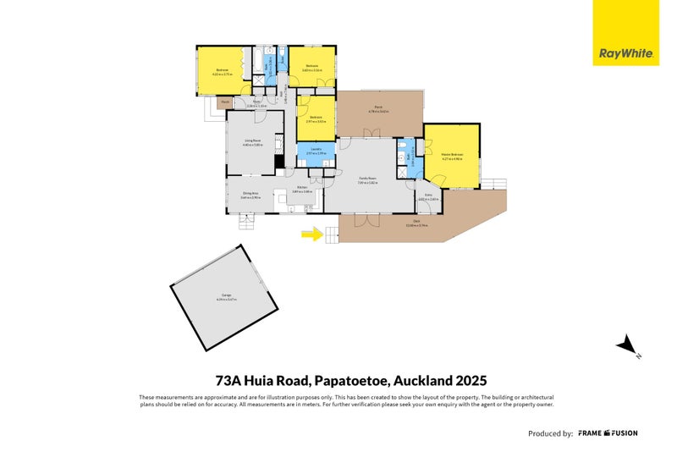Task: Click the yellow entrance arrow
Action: pyautogui.click(x=312, y=234)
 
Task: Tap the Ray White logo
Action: pyautogui.click(x=625, y=52)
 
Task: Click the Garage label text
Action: pyautogui.click(x=225, y=297)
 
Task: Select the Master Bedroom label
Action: pyautogui.click(x=451, y=156)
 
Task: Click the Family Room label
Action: pyautogui.click(x=367, y=179)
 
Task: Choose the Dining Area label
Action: pyautogui.click(x=250, y=195)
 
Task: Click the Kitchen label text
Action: pyautogui.click(x=302, y=191)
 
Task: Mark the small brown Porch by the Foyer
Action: pyautogui.click(x=224, y=102)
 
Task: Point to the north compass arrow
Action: pyautogui.click(x=627, y=345)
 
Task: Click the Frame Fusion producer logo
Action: pyautogui.click(x=608, y=433)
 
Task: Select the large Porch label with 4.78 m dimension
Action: pyautogui.click(x=377, y=109)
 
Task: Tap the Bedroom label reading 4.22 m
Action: pyautogui.click(x=222, y=71)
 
